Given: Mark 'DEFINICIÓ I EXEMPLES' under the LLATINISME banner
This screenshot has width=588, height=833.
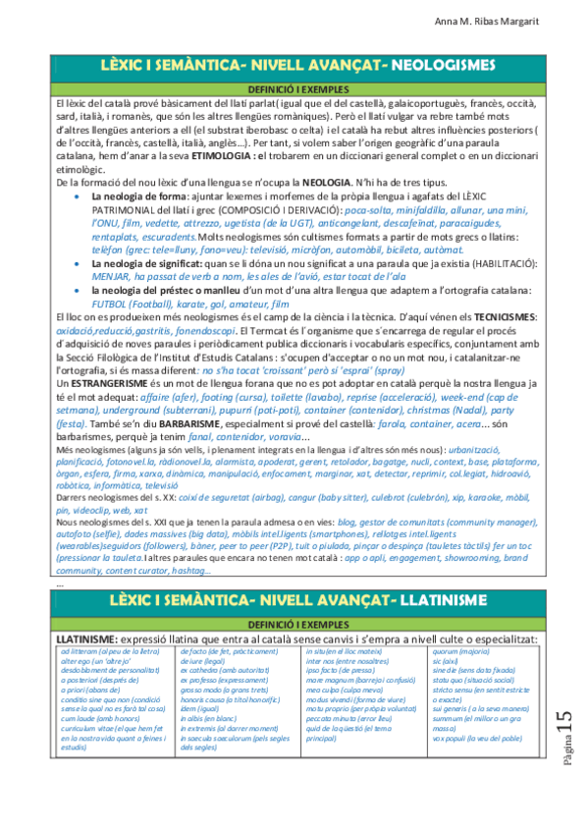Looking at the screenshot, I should click(294, 624).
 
